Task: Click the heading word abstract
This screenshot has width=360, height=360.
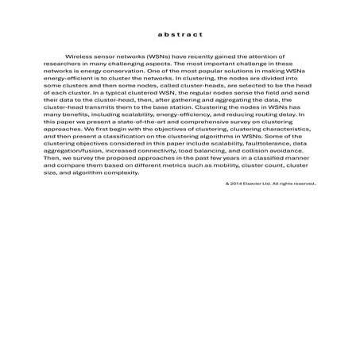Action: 180,35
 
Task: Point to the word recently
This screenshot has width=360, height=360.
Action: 189,59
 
